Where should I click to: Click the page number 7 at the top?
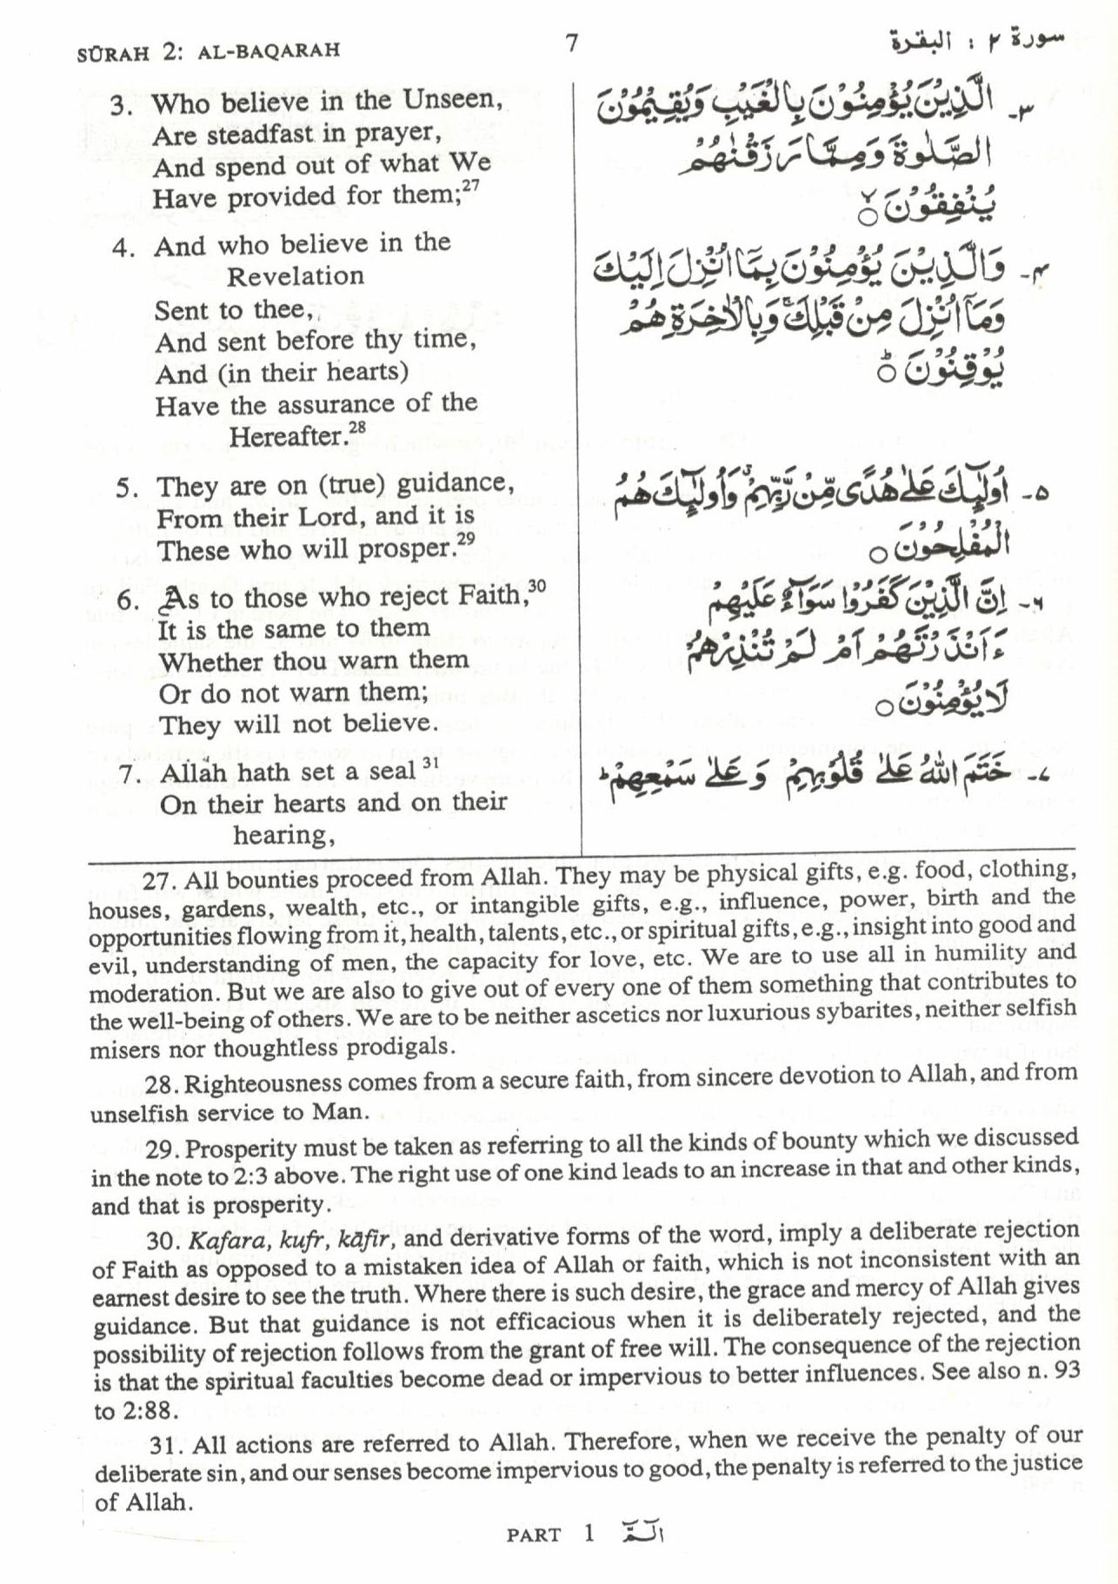click(571, 43)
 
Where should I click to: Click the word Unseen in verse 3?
click(452, 100)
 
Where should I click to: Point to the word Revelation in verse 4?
click(296, 276)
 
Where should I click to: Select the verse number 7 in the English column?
click(130, 773)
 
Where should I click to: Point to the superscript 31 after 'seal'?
click(429, 764)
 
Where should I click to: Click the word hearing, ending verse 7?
click(284, 835)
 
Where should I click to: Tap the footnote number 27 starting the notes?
click(157, 880)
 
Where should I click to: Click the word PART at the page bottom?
click(534, 1535)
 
